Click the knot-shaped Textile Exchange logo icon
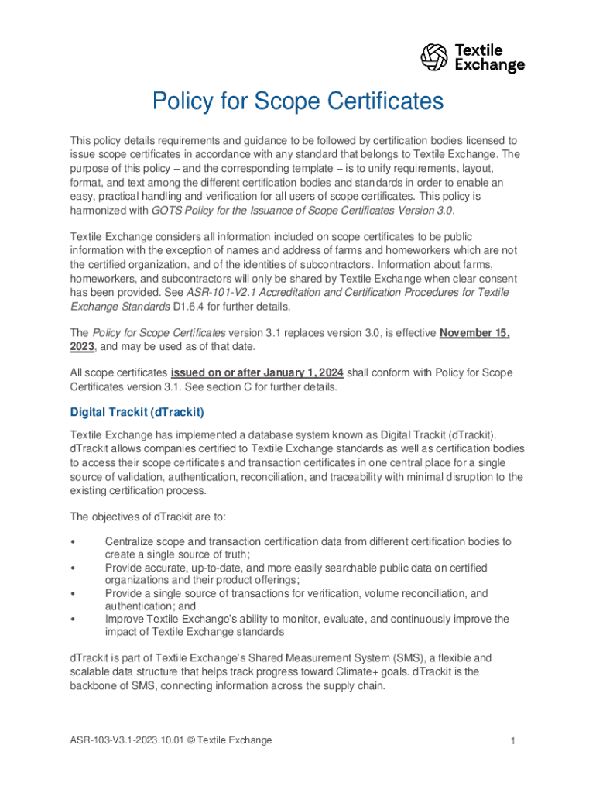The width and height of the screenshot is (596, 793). click(434, 57)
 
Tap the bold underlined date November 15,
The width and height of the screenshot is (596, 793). click(474, 333)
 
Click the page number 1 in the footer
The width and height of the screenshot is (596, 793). click(512, 741)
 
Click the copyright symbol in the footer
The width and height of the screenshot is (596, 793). click(190, 740)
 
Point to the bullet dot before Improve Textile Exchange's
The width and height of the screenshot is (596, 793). click(73, 620)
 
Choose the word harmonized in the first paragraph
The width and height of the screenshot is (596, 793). click(99, 210)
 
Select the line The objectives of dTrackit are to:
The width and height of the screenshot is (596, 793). click(135, 517)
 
